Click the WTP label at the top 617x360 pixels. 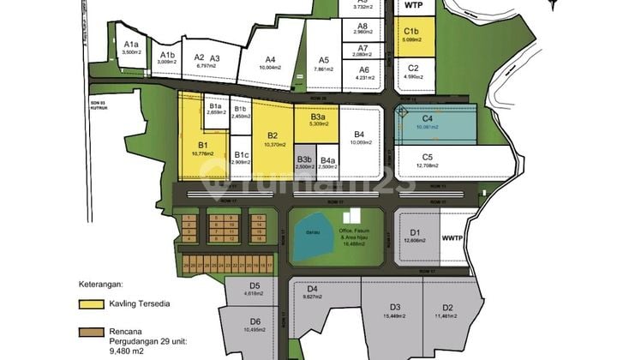[x=413, y=5]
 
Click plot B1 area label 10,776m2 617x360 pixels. [x=203, y=153]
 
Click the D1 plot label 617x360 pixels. [x=415, y=232]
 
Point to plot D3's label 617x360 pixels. [x=395, y=307]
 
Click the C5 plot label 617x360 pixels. [x=427, y=157]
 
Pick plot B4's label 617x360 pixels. [x=358, y=135]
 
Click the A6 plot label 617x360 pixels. [x=363, y=70]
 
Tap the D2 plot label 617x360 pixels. [x=447, y=307]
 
